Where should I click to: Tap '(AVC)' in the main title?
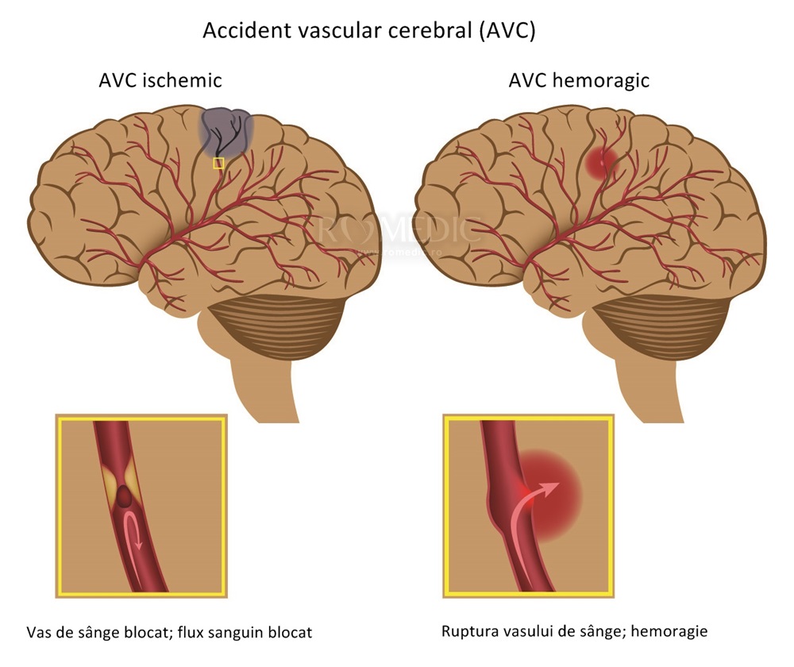pyautogui.click(x=515, y=31)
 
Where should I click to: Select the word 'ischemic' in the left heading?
pyautogui.click(x=183, y=80)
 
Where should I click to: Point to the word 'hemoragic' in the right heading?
pyautogui.click(x=608, y=80)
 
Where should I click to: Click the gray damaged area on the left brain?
pyautogui.click(x=226, y=129)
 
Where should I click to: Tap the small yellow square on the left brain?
pyautogui.click(x=219, y=163)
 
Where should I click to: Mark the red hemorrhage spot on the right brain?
pyautogui.click(x=603, y=160)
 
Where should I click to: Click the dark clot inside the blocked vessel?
pyautogui.click(x=125, y=498)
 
